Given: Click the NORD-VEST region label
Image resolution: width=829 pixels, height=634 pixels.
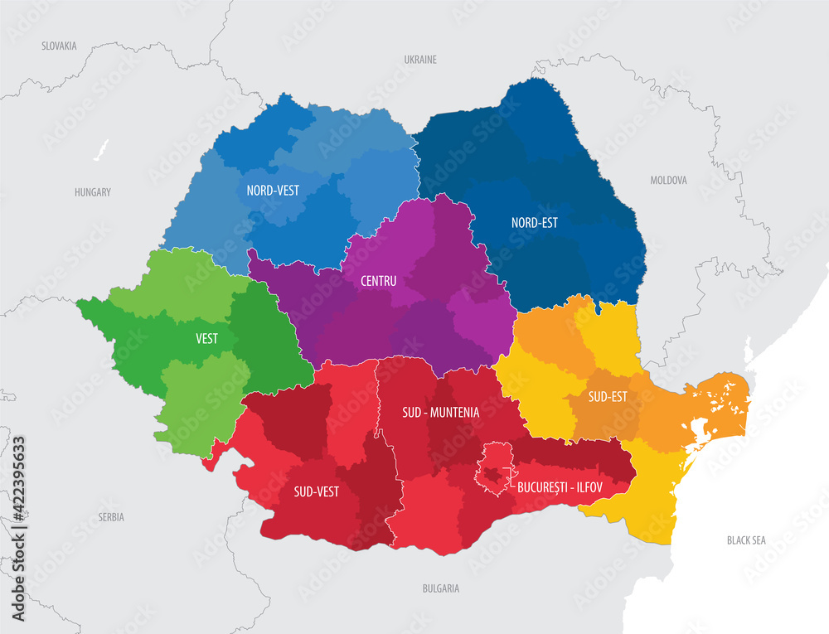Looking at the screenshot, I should click(273, 190).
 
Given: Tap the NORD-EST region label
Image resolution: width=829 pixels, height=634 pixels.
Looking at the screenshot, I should click(534, 222).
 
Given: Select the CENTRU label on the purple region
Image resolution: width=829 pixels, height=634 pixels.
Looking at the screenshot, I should click(378, 281).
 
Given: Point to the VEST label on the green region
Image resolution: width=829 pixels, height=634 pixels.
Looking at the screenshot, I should click(207, 338).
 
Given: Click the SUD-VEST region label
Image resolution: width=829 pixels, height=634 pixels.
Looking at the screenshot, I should click(316, 491).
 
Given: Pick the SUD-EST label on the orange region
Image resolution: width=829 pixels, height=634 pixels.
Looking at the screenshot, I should click(607, 396).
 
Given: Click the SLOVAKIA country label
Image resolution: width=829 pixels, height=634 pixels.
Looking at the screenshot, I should click(59, 46).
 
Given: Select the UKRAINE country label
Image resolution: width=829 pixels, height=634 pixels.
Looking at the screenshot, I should click(419, 60).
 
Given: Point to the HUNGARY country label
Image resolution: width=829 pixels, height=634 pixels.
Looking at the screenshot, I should click(92, 192).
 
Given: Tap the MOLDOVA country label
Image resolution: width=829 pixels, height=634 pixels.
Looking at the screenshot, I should click(668, 180).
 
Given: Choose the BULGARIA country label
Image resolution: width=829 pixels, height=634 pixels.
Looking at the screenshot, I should click(440, 588).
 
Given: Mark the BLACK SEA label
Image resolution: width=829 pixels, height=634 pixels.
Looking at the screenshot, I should click(746, 540).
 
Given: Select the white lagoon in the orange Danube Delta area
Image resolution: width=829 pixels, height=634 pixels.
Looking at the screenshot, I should click(698, 430).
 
